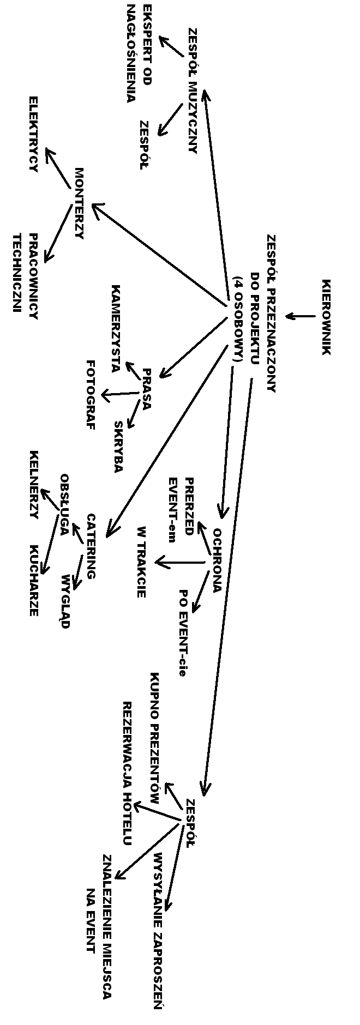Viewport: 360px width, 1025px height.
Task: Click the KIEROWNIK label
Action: (326, 317)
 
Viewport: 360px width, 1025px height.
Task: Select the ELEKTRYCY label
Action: (33, 134)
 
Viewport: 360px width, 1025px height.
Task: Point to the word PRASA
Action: (146, 389)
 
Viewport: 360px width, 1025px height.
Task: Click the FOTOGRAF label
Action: (91, 395)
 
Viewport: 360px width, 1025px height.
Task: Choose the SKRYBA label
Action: (119, 446)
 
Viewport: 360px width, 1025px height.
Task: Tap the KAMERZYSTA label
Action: (116, 328)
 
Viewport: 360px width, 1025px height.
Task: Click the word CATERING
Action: (91, 546)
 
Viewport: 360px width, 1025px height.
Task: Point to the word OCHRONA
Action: (217, 560)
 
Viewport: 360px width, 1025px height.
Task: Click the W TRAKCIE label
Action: (141, 562)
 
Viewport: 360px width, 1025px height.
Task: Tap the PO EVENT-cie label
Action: (184, 632)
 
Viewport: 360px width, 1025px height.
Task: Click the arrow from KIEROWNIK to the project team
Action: (300, 316)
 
